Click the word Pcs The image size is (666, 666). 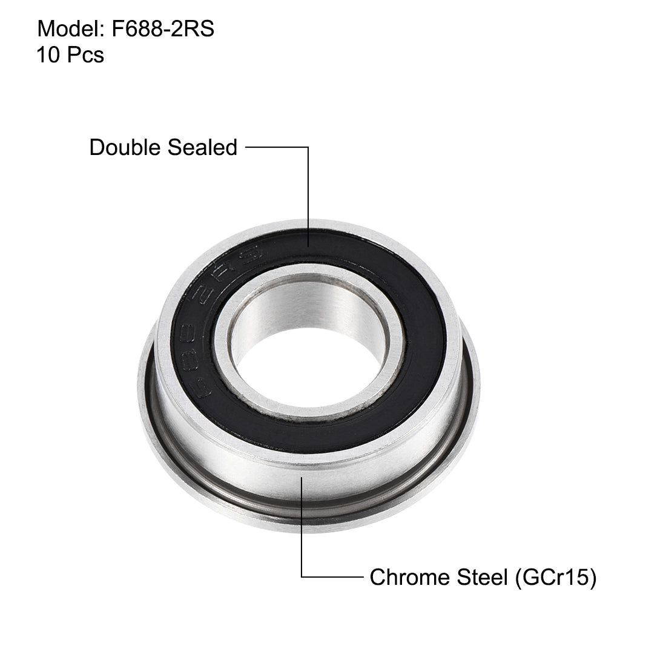[85, 55]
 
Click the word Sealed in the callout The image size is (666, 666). [202, 147]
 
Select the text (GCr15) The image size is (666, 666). [556, 577]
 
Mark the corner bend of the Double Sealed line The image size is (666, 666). [309, 147]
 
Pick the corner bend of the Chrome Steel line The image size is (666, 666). [302, 577]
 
